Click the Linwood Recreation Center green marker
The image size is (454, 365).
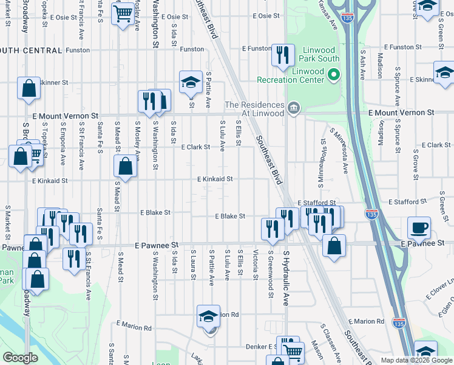[333, 75]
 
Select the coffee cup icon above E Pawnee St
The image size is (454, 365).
[419, 229]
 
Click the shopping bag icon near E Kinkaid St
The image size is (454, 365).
[125, 166]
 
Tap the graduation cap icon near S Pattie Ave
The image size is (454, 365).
[190, 82]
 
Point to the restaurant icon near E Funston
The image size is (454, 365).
[282, 55]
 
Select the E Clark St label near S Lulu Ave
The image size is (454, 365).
[195, 147]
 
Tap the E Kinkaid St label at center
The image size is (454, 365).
[215, 179]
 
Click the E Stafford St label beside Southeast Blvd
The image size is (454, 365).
[316, 203]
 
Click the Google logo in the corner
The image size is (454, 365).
[21, 358]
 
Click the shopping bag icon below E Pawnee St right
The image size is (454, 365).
[334, 246]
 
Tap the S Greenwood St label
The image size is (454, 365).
[269, 277]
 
